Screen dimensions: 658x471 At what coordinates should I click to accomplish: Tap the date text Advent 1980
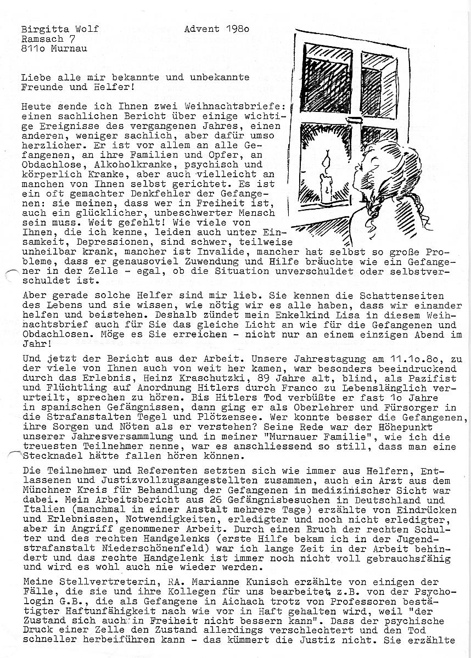(217, 29)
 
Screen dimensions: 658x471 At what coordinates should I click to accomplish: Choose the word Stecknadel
(46, 455)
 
